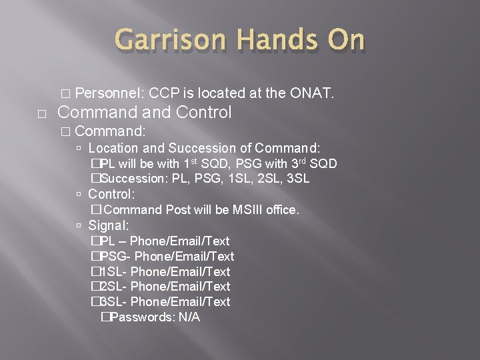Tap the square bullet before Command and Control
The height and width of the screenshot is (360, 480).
43,114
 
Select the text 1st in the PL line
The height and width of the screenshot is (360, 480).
192,163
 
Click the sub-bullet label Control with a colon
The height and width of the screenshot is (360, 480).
112,194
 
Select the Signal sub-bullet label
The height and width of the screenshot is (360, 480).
110,225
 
